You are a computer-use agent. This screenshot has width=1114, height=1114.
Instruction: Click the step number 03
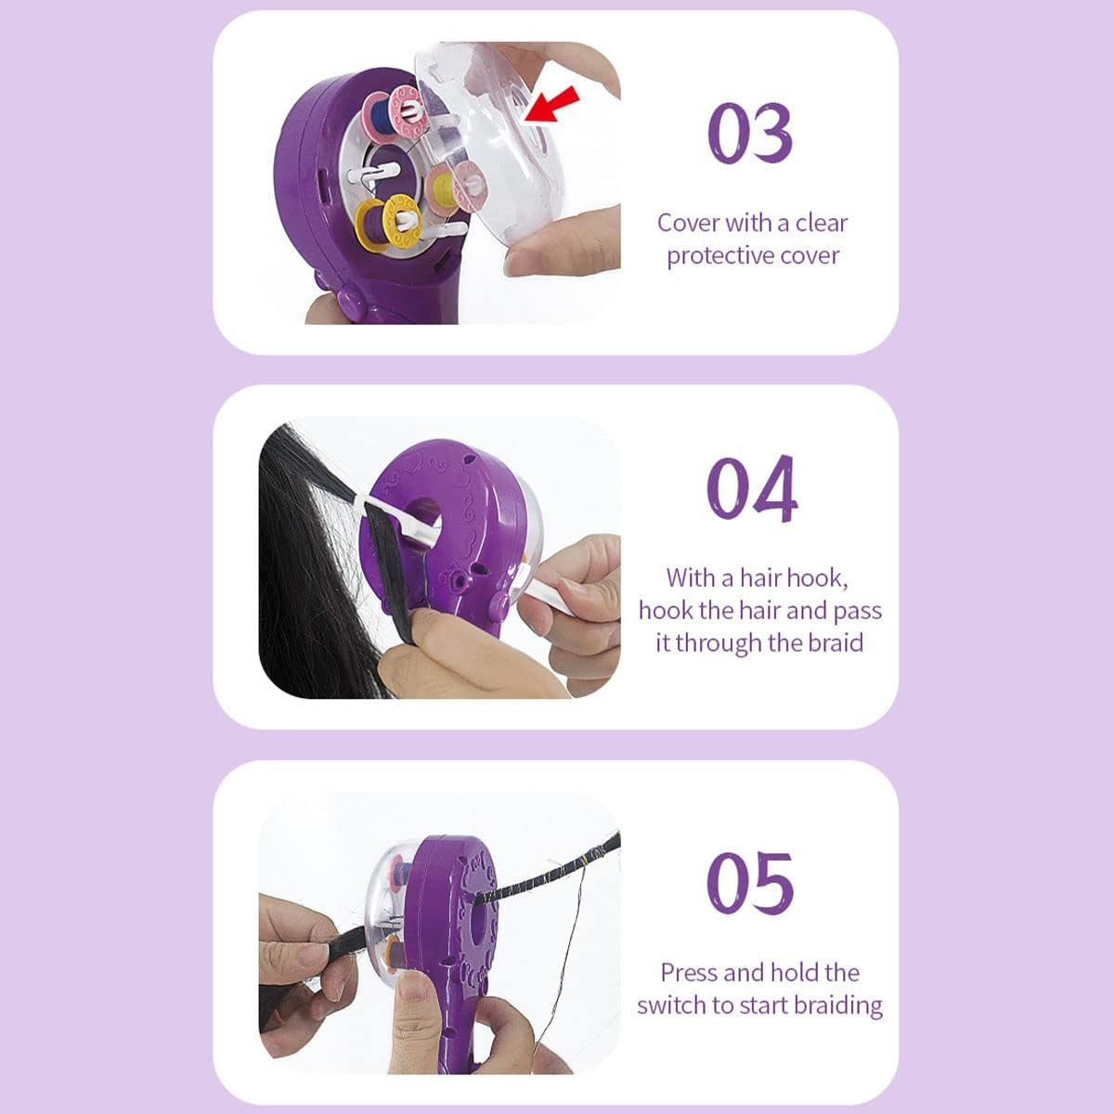coord(750,133)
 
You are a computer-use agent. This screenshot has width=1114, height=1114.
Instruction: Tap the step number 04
coord(752,488)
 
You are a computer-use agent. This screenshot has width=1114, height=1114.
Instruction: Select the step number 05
coord(750,883)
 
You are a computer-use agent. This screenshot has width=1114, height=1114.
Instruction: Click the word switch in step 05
coord(671,1005)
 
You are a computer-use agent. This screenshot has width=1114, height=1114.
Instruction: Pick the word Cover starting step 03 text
coord(688,223)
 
